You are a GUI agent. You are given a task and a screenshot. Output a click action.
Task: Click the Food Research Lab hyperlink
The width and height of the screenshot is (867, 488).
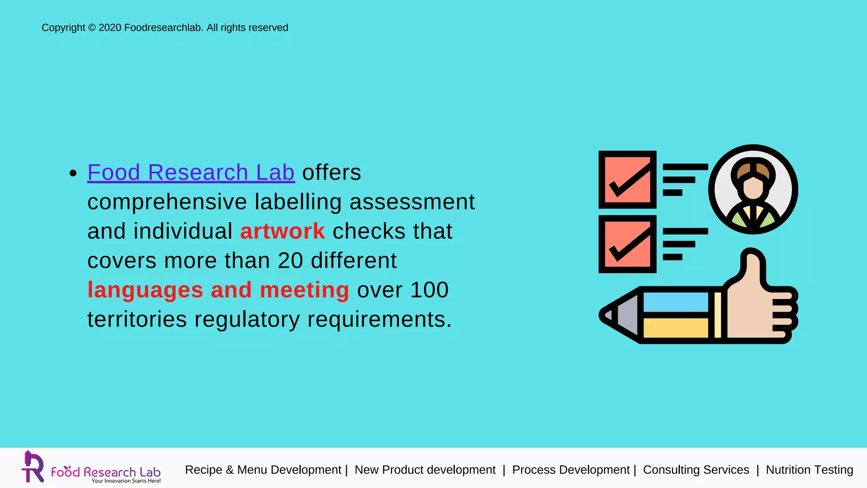[191, 172]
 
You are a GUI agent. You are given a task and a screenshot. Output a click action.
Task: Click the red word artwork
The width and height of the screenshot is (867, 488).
[282, 231]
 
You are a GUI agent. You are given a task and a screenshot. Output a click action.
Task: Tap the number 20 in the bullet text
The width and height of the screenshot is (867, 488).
[290, 261]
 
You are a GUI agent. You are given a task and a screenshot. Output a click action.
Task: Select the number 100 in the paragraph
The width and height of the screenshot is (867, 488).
[429, 290]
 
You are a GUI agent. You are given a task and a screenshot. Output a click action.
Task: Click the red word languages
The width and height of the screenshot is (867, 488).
[145, 290]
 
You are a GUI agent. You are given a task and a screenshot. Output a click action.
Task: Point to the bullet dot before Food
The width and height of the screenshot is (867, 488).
[73, 173]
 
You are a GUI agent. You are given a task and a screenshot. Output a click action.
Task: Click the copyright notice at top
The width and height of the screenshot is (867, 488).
[165, 28]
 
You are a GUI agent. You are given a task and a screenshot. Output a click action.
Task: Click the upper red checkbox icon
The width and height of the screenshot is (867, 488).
[627, 180]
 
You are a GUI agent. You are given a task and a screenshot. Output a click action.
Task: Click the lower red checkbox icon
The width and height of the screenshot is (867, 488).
[627, 244]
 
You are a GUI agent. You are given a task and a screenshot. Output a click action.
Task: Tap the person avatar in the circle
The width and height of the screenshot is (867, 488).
[753, 189]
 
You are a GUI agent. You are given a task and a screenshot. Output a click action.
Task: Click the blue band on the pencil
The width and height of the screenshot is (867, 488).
[675, 302]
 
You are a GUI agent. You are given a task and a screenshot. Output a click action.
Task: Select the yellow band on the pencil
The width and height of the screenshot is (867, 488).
[675, 327]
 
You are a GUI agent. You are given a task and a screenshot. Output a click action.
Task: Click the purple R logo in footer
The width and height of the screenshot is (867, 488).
[33, 467]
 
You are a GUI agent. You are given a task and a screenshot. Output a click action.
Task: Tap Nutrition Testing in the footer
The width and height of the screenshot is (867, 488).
[809, 470]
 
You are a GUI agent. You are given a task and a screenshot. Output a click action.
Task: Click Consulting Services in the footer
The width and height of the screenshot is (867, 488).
[696, 470]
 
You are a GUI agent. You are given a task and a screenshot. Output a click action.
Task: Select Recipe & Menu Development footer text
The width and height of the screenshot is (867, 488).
[263, 470]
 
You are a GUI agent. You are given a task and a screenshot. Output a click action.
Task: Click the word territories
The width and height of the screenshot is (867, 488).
[137, 319]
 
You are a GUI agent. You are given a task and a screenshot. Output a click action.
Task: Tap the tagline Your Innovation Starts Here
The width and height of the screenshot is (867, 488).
[126, 481]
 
